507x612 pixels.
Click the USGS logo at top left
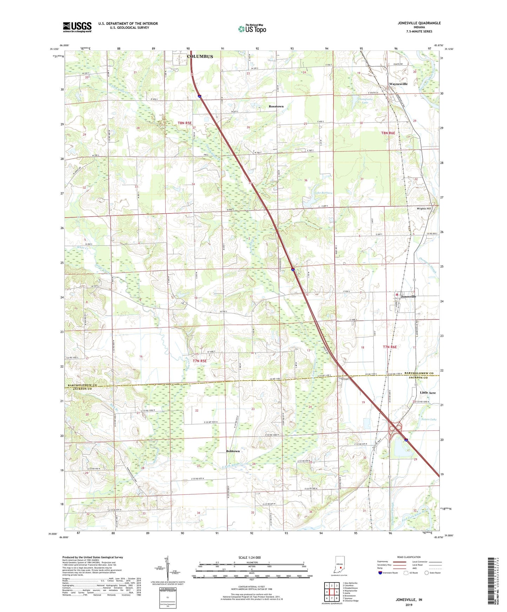(x=77, y=27)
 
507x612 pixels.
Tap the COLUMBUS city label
(x=200, y=56)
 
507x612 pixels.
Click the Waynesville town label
(x=398, y=84)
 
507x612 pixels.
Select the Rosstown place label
(x=276, y=106)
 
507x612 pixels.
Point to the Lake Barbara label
(x=323, y=193)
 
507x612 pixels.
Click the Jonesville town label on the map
(x=408, y=297)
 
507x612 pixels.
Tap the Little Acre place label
(x=427, y=393)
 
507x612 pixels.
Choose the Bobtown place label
(x=233, y=451)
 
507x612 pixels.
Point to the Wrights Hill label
(x=423, y=209)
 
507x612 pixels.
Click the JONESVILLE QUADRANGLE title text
(x=419, y=23)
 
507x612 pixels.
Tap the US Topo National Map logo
(x=252, y=29)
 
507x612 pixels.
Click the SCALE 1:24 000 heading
(x=249, y=557)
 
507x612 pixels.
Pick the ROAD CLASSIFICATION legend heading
(x=409, y=557)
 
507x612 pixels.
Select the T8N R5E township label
(x=185, y=123)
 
